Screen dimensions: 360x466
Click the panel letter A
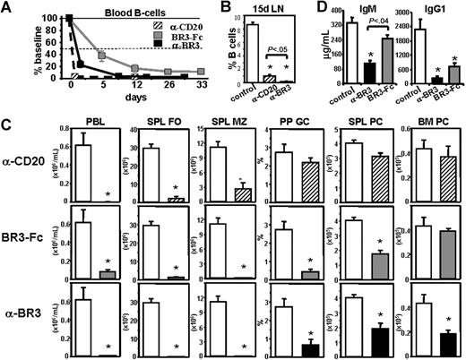coord(7,8)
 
